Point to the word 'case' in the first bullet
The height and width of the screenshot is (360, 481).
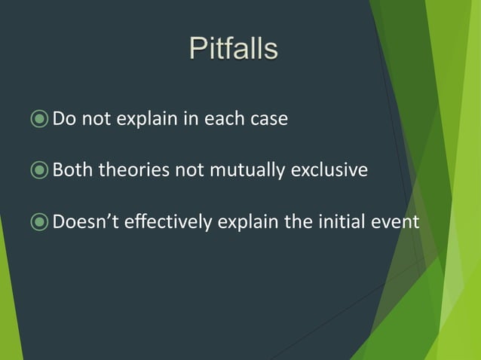click(269, 120)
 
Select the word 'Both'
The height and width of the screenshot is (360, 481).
click(72, 170)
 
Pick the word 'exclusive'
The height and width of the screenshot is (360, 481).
click(332, 170)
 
